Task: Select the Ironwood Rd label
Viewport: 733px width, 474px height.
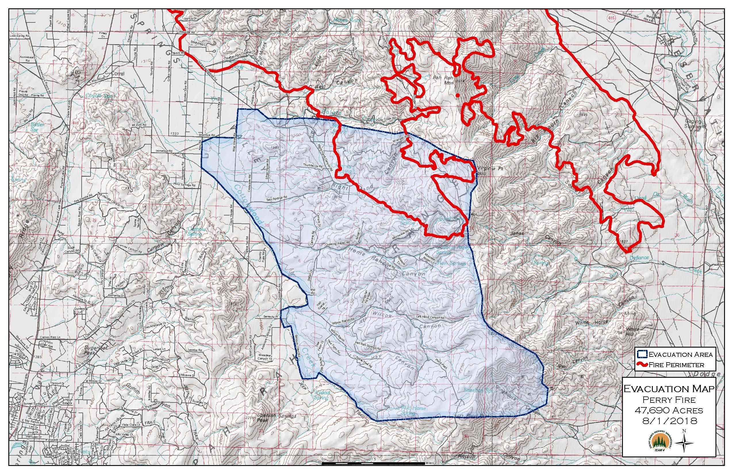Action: click(164, 151)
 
